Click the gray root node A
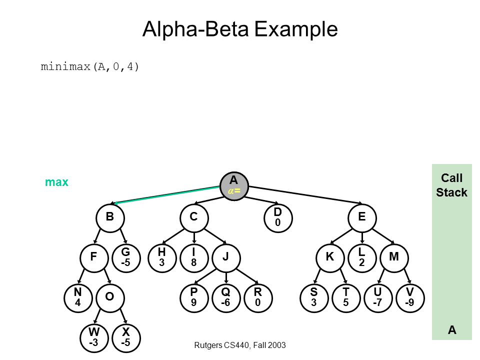[234, 186]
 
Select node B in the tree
[110, 217]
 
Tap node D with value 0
[278, 217]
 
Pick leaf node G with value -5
[126, 258]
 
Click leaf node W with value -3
[94, 338]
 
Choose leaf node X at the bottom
[126, 338]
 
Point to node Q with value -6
[226, 298]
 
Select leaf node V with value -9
[410, 298]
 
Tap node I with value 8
[194, 258]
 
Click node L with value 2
[362, 258]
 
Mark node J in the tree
[226, 258]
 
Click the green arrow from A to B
[165, 194]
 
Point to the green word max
[56, 182]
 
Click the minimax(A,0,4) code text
[89, 66]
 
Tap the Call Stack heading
[451, 185]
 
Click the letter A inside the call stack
[452, 330]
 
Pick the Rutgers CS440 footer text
[240, 345]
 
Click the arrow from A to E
[305, 194]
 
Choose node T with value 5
[346, 298]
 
